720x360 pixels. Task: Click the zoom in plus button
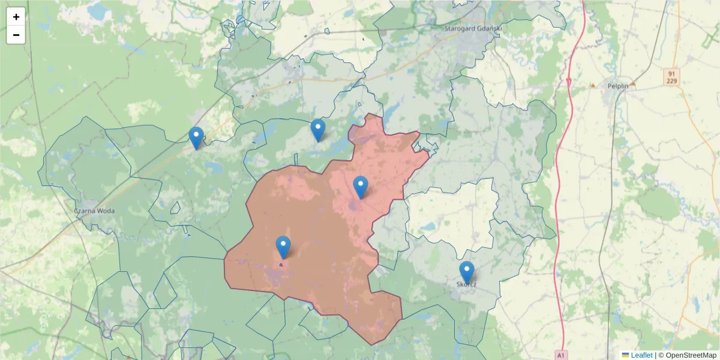click(16, 17)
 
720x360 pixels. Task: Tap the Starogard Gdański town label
click(472, 28)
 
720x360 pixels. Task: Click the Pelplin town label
click(617, 86)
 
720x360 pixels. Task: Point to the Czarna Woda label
click(94, 211)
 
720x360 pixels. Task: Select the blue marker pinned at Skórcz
click(467, 272)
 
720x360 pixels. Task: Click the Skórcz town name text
click(466, 284)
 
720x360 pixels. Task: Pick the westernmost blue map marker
click(196, 137)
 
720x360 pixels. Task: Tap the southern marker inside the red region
click(283, 247)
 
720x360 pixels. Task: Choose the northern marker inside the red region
click(360, 187)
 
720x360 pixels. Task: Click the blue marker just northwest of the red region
click(318, 130)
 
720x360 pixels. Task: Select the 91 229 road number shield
click(671, 77)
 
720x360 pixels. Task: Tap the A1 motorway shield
click(561, 354)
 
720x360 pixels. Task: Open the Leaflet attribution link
click(641, 355)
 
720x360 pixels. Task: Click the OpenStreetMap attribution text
click(687, 355)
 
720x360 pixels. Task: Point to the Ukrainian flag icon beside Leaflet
click(625, 355)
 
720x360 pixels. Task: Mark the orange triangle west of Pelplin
click(593, 85)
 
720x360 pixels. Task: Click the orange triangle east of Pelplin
click(632, 84)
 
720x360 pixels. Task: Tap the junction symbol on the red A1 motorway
click(568, 80)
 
